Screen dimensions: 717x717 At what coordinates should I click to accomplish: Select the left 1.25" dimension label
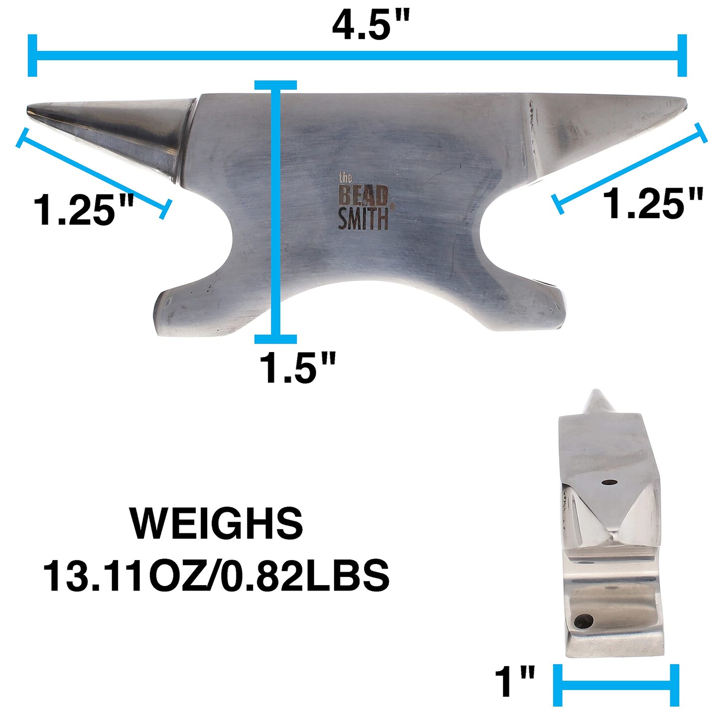click(83, 209)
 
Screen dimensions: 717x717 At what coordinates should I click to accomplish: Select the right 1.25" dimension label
click(653, 203)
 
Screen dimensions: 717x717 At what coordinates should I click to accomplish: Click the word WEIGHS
click(217, 524)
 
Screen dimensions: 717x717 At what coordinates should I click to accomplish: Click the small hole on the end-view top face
click(608, 482)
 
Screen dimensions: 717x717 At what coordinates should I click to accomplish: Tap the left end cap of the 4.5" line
click(33, 55)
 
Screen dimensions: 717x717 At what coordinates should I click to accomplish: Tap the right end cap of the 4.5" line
click(682, 55)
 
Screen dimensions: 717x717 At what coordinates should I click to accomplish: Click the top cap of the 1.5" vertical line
click(275, 85)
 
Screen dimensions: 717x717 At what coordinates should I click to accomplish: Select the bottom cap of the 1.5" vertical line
click(275, 339)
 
